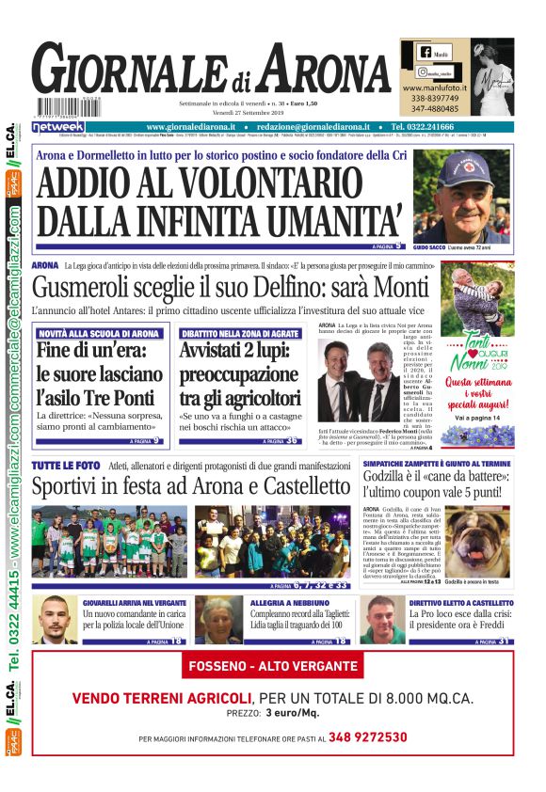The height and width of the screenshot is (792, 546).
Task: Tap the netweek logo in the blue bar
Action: pyautogui.click(x=58, y=126)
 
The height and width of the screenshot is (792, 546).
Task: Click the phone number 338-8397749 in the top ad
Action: pyautogui.click(x=435, y=98)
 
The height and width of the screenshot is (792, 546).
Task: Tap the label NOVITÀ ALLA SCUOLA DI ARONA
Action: pyautogui.click(x=99, y=334)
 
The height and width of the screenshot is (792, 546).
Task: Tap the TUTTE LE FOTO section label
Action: pyautogui.click(x=65, y=466)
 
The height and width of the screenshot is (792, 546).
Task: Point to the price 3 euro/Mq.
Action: pyautogui.click(x=292, y=713)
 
